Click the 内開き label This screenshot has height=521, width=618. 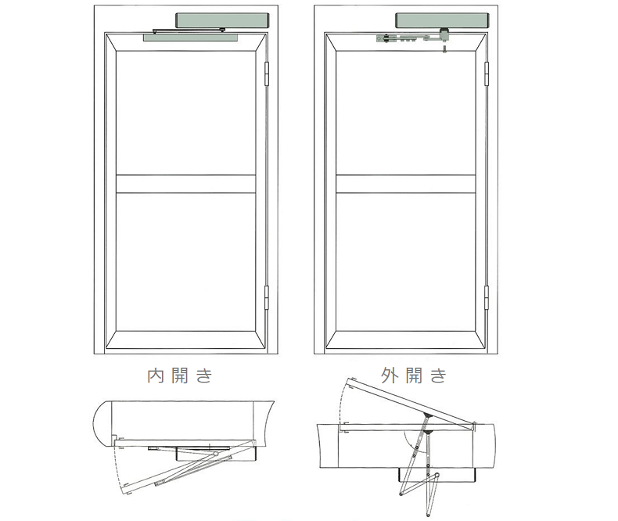coord(180,375)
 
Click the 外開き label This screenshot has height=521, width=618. coord(414,375)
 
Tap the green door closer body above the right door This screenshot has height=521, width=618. coord(442,20)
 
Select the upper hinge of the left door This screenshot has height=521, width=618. coord(267,74)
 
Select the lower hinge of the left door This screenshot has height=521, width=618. coord(267,297)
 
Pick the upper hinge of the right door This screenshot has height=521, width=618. coord(487,74)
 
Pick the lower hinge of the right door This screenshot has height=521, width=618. coord(487,297)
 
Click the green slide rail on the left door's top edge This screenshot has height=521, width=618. coord(191,38)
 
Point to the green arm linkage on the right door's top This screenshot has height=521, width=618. coord(411,38)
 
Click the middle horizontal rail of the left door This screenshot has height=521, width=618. coord(186,184)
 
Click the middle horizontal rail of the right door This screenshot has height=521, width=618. coord(406,184)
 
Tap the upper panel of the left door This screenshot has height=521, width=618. coord(186,113)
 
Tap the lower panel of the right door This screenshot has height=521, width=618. coord(406,262)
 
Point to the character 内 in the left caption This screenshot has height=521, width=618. coord(156,376)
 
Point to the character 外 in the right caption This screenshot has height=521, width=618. coord(390,375)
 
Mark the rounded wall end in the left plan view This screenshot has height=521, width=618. coord(102,424)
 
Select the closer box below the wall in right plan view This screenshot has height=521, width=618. coord(437,475)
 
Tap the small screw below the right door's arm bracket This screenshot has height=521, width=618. coord(445,49)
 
